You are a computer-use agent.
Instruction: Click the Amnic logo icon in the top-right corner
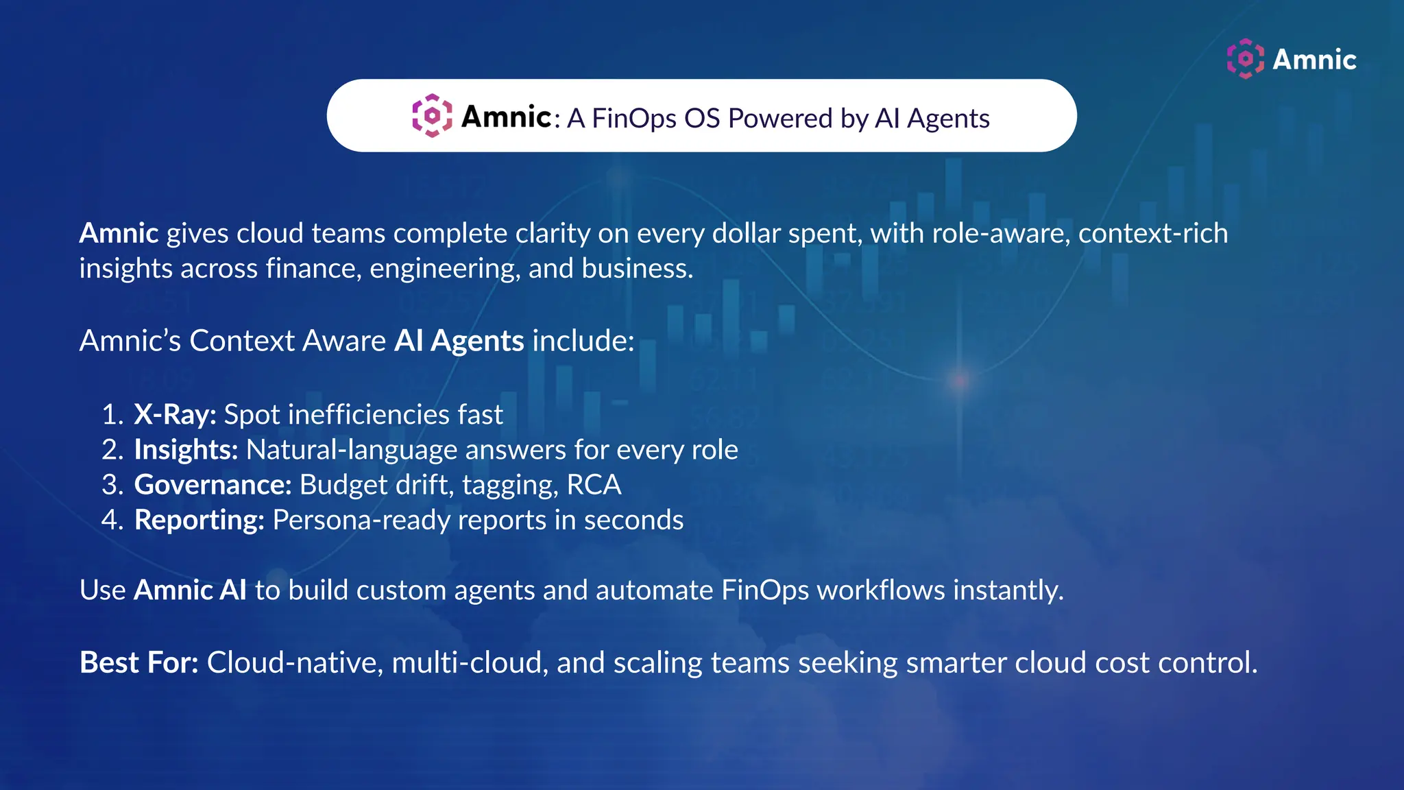[1245, 59]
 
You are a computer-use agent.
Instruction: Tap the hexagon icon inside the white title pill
[432, 116]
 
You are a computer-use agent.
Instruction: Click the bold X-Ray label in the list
[175, 414]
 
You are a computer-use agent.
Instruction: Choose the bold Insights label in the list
[186, 450]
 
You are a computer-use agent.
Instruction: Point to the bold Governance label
[213, 485]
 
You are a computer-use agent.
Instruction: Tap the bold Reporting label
[199, 520]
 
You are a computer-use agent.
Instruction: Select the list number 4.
[111, 520]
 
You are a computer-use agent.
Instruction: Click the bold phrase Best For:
[138, 662]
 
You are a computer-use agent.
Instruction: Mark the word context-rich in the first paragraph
[1153, 233]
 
